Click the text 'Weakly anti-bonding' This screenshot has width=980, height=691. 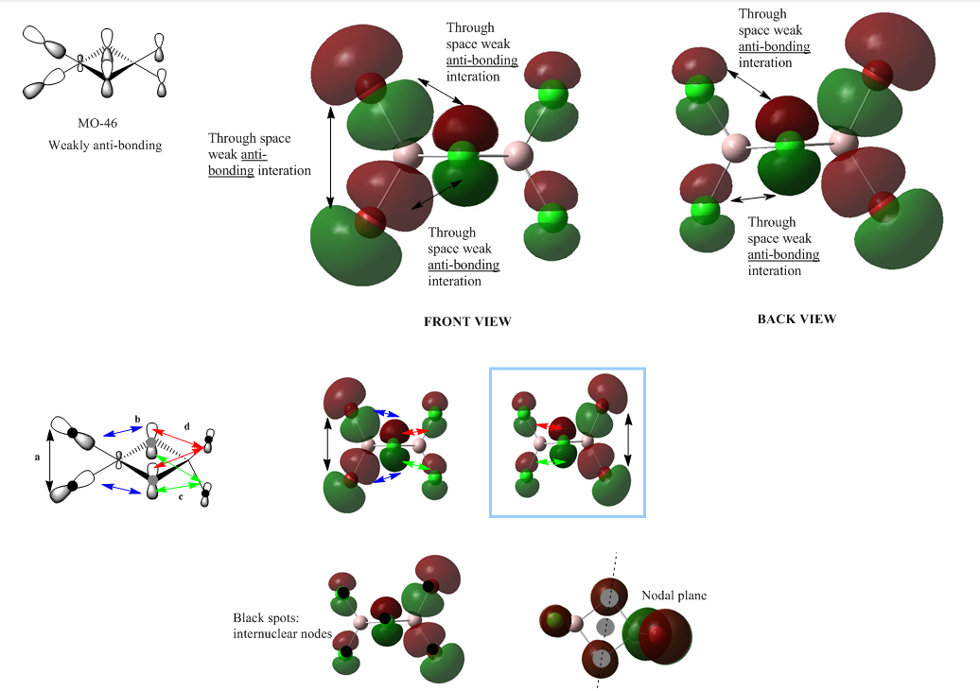(x=105, y=146)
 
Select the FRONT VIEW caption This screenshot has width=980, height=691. (x=467, y=321)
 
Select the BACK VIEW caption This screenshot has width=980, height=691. (x=796, y=319)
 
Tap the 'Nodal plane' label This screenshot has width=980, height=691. (x=674, y=596)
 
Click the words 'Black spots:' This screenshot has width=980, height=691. (x=266, y=618)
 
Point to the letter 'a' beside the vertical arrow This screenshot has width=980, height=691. (x=37, y=457)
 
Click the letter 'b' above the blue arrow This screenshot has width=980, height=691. (x=137, y=418)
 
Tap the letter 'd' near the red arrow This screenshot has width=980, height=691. (x=186, y=426)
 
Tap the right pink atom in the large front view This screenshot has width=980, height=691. (x=518, y=155)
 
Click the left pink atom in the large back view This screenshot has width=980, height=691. (x=736, y=147)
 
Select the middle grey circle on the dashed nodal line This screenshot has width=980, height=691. (x=606, y=626)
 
